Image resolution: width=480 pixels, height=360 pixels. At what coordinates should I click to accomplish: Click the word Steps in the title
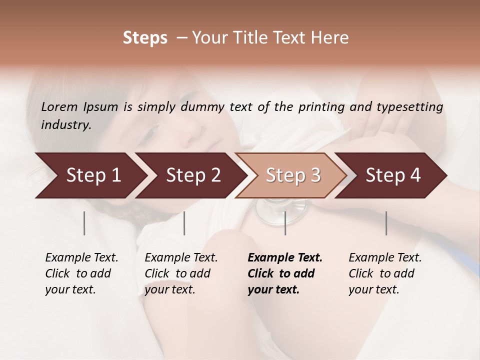[x=145, y=38]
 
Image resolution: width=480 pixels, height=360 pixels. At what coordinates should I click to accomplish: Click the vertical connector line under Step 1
[x=84, y=223]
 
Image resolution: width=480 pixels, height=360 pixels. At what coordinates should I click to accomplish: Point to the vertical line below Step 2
[x=184, y=223]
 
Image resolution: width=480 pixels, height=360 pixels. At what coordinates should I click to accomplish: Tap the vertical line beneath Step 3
[x=285, y=223]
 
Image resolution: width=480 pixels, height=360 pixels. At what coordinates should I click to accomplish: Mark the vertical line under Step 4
[x=386, y=223]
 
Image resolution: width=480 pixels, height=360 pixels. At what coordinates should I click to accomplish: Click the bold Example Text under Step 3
[x=285, y=273]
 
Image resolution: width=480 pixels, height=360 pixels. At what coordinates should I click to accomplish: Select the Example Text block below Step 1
[x=81, y=273]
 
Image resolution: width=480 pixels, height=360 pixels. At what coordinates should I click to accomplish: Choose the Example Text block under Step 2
[x=181, y=273]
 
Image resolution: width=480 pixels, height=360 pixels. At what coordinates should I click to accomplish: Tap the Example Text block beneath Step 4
[x=385, y=273]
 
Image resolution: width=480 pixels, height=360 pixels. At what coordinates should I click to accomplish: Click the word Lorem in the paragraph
[x=59, y=107]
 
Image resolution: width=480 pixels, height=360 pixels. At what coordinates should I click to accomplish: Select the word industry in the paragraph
[x=65, y=125]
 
